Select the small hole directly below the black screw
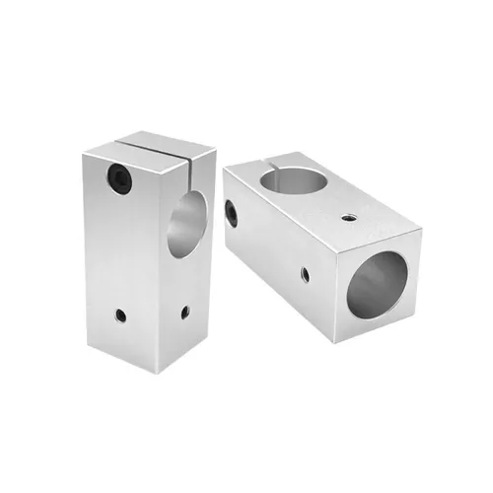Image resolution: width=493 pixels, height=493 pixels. click(120, 317)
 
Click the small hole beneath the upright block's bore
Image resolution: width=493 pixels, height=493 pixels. click(184, 313)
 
